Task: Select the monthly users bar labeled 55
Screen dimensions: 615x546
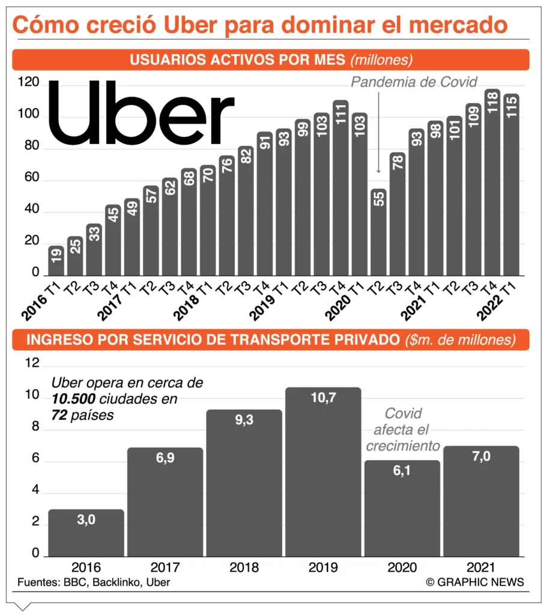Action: pyautogui.click(x=378, y=234)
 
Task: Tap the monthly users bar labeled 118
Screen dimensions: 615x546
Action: pyautogui.click(x=493, y=183)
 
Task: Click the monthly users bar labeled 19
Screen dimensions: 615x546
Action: pyautogui.click(x=56, y=261)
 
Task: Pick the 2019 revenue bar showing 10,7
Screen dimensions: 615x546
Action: pyautogui.click(x=323, y=471)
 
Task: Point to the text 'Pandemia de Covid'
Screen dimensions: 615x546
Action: pyautogui.click(x=414, y=82)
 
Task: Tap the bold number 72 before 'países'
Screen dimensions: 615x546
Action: pyautogui.click(x=58, y=414)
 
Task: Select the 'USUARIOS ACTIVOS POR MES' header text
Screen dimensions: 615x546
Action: pyautogui.click(x=237, y=59)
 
